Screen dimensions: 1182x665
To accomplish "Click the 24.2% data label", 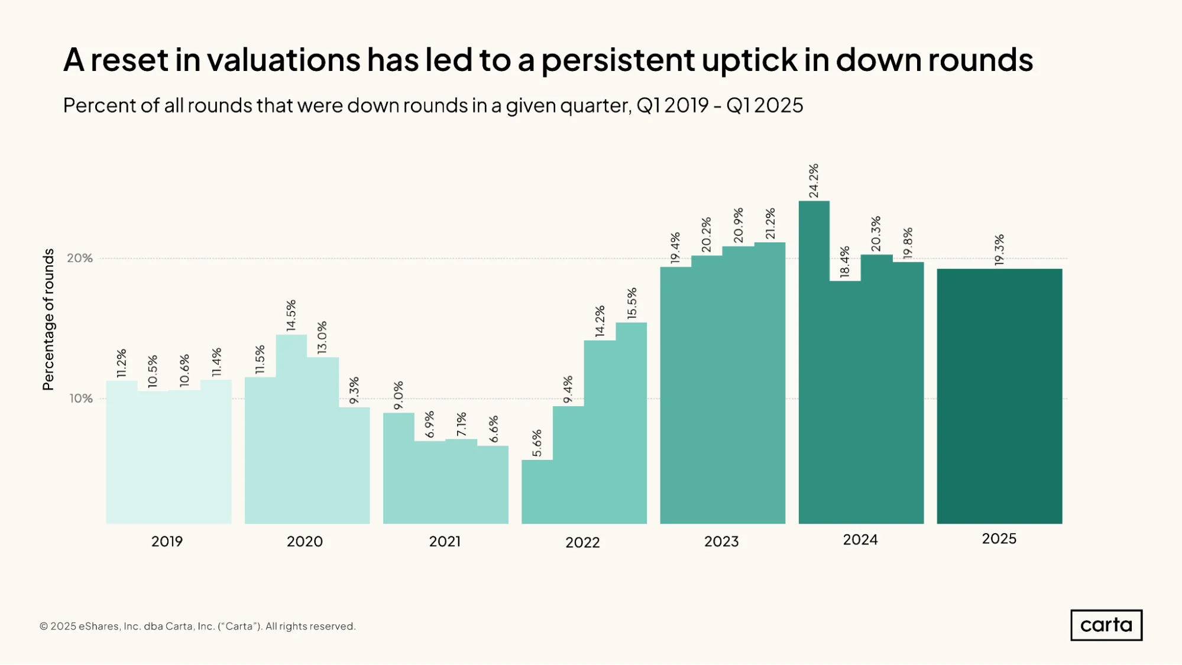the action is point(814,181).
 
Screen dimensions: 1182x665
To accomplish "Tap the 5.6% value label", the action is point(537,443).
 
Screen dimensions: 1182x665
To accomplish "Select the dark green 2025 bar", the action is point(999,396).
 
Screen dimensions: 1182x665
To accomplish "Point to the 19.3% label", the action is point(999,250).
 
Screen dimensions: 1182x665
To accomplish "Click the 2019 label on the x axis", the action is point(167,541).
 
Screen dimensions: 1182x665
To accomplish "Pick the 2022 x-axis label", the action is point(582,543).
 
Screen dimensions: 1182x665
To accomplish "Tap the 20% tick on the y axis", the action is point(80,258).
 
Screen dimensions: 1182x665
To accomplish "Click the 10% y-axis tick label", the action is point(81,398).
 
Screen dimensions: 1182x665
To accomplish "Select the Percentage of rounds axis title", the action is point(48,319).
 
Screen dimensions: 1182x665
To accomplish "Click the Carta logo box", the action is point(1106,625).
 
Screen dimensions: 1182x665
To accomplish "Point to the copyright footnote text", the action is point(197,627).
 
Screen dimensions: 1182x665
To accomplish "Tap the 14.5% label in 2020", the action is point(291,316).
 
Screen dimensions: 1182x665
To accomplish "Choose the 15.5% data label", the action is point(632,303).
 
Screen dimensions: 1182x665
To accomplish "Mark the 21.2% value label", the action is point(770,224).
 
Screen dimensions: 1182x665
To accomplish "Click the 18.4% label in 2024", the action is point(845,262).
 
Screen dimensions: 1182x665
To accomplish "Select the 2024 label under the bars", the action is point(860,540).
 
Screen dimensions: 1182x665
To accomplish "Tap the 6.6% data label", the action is point(494,429).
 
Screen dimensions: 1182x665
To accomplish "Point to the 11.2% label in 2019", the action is point(122,363).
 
